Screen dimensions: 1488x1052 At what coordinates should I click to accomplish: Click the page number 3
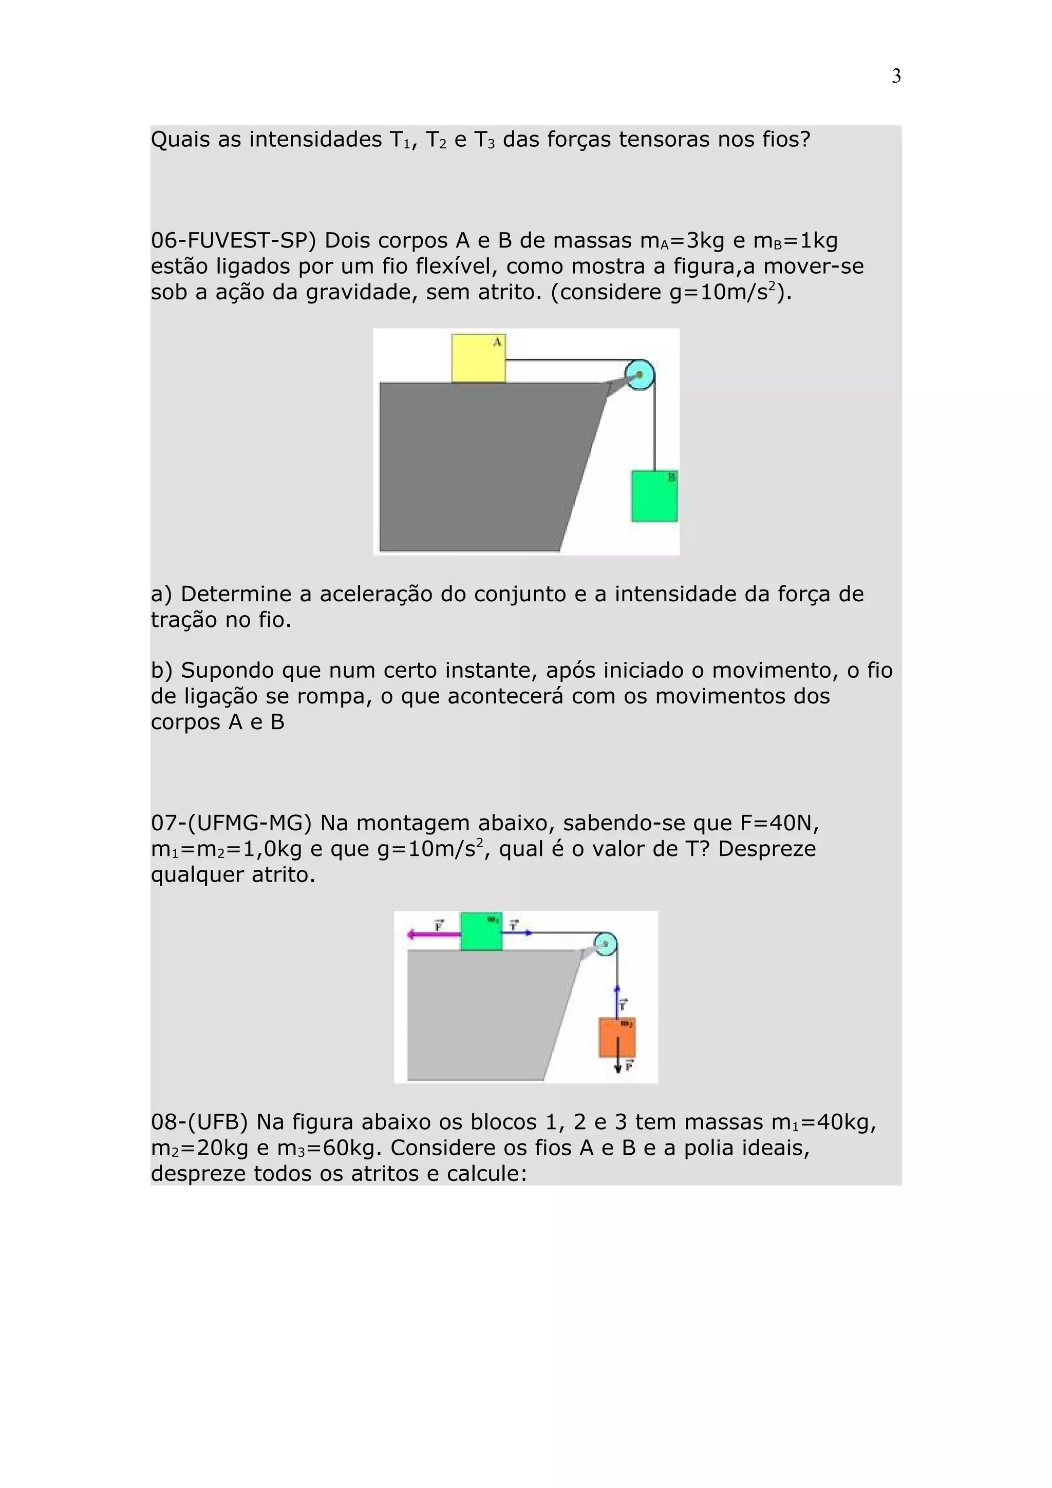pos(896,77)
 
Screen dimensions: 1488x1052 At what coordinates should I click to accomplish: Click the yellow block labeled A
pos(478,358)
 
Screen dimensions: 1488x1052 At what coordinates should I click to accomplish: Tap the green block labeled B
pos(654,496)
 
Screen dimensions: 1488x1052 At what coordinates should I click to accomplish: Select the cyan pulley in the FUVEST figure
pos(640,375)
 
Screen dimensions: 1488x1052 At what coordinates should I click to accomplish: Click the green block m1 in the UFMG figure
pos(481,931)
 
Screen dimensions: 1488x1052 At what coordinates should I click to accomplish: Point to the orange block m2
pos(616,1038)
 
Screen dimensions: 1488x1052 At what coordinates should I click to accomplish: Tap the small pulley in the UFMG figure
pos(606,944)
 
